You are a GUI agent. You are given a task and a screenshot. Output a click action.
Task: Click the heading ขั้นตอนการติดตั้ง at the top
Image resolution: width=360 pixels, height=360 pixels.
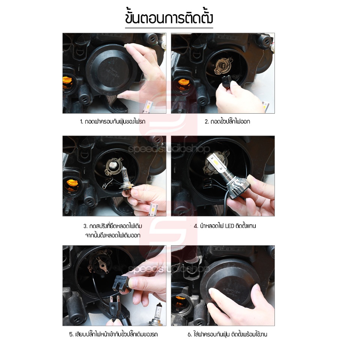169,18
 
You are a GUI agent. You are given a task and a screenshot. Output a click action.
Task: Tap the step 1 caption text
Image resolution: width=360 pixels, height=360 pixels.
112,121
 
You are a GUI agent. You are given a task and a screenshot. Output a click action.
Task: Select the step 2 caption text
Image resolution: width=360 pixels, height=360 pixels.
227,121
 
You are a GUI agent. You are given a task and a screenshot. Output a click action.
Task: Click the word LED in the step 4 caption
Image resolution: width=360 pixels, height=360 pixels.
229,226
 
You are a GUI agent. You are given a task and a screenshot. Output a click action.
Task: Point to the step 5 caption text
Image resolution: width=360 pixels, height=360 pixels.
113,334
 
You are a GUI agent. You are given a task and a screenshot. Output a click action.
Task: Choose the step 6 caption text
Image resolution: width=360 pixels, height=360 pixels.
227,334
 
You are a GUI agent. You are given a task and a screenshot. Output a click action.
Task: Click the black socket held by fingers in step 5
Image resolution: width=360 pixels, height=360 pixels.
120,283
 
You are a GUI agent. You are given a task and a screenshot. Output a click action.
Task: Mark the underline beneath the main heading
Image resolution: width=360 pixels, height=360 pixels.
169,28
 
